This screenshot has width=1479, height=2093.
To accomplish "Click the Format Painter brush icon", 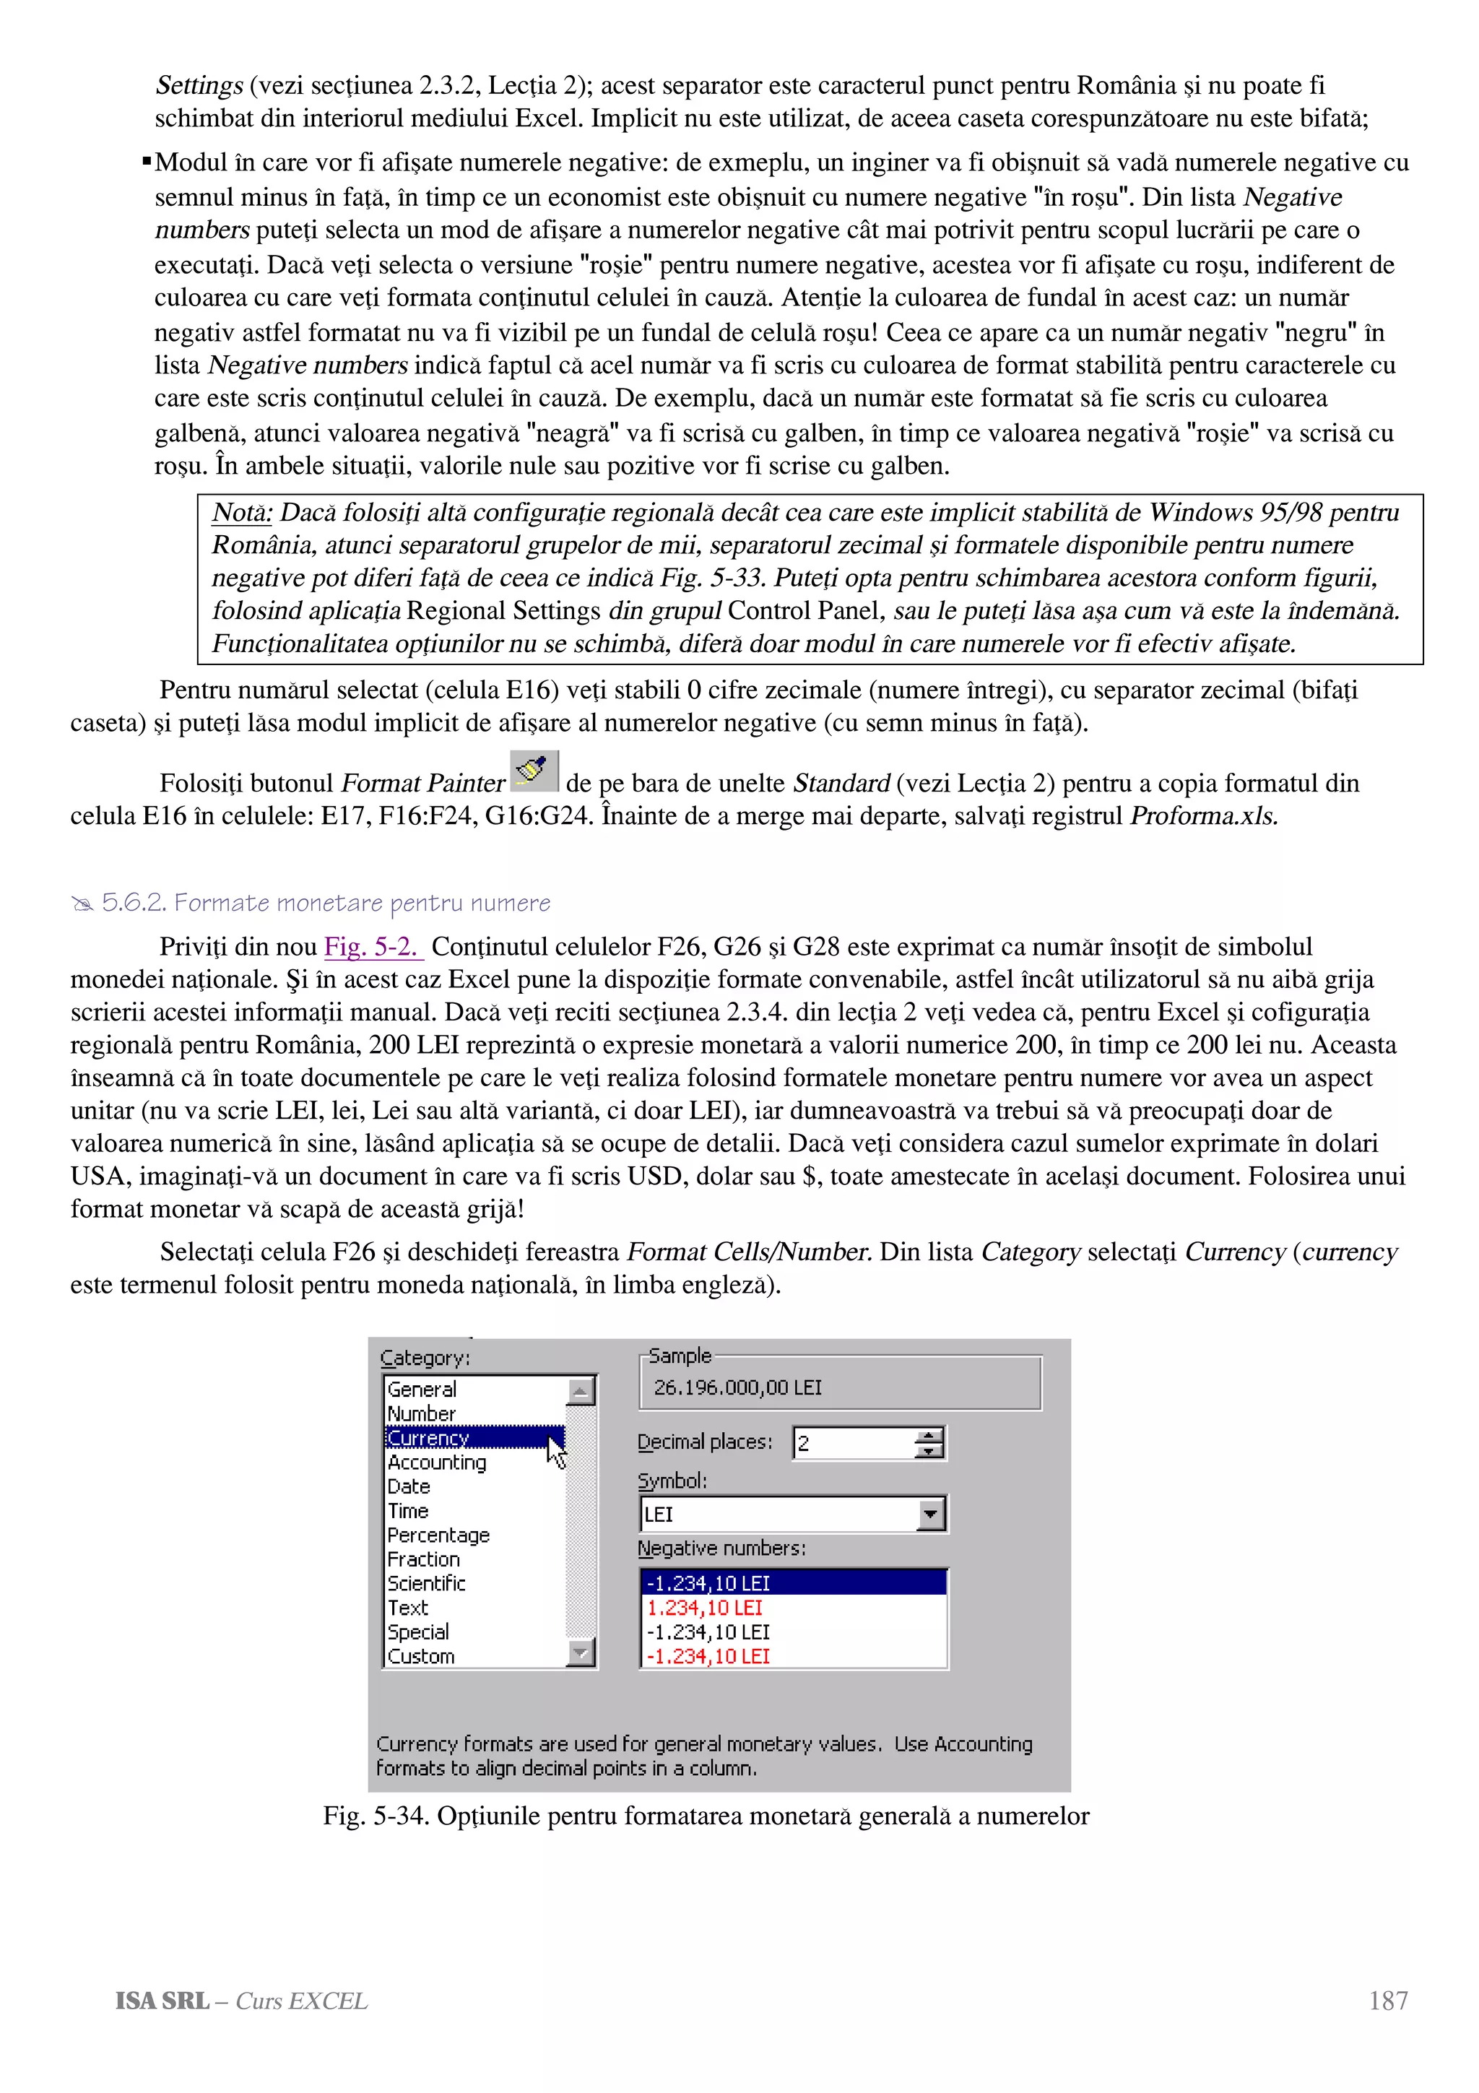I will tap(534, 771).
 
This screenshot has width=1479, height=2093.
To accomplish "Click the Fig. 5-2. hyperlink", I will tap(373, 946).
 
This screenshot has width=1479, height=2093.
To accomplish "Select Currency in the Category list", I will tap(428, 1437).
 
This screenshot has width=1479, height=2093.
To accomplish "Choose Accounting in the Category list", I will tap(436, 1462).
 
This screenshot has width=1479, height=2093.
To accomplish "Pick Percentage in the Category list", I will tap(438, 1535).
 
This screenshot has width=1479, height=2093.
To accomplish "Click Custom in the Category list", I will tap(421, 1656).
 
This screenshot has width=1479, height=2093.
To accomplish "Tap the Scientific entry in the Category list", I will tap(427, 1583).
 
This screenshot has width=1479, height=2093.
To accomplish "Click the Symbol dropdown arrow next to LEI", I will tap(929, 1514).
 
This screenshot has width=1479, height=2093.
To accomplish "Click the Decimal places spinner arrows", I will tap(929, 1443).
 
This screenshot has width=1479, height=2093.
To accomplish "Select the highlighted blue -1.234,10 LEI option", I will tap(708, 1583).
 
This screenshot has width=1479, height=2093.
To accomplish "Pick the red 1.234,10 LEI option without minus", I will tap(704, 1608).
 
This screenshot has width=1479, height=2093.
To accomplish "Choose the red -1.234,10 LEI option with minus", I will tap(708, 1656).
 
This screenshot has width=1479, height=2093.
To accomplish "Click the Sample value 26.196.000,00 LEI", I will tap(737, 1387).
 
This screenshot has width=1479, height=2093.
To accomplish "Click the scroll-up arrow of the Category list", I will tap(581, 1391).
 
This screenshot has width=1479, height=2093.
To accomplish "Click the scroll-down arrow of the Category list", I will tap(581, 1652).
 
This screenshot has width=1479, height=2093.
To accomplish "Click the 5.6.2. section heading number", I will tap(134, 903).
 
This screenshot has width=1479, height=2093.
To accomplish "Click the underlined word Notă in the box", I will tap(241, 512).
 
